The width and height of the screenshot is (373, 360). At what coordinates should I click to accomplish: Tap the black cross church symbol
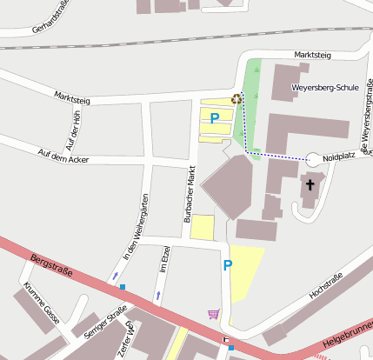point(310,185)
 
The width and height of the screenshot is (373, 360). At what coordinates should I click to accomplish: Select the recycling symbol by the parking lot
point(236,99)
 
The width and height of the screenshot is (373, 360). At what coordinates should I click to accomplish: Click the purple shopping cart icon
point(214,314)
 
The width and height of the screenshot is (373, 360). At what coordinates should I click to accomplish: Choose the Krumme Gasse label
point(39,300)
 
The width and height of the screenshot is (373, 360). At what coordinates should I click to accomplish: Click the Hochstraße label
point(326,286)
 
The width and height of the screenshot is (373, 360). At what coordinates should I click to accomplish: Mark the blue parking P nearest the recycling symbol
point(214,117)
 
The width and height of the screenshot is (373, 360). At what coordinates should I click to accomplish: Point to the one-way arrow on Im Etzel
point(158,296)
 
